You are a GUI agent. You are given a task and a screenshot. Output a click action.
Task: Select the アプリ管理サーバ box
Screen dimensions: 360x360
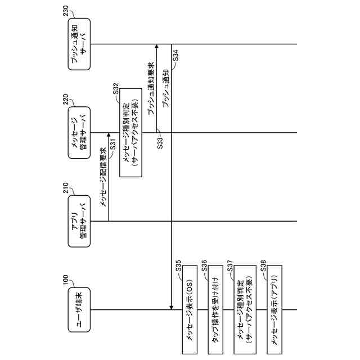[x=79, y=221]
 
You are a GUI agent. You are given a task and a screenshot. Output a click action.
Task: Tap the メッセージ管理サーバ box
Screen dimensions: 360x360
[x=79, y=133]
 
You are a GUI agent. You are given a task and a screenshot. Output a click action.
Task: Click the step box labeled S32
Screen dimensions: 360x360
[x=130, y=133]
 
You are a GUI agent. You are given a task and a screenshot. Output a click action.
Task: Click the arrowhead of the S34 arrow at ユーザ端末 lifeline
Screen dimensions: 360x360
[x=171, y=308]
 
